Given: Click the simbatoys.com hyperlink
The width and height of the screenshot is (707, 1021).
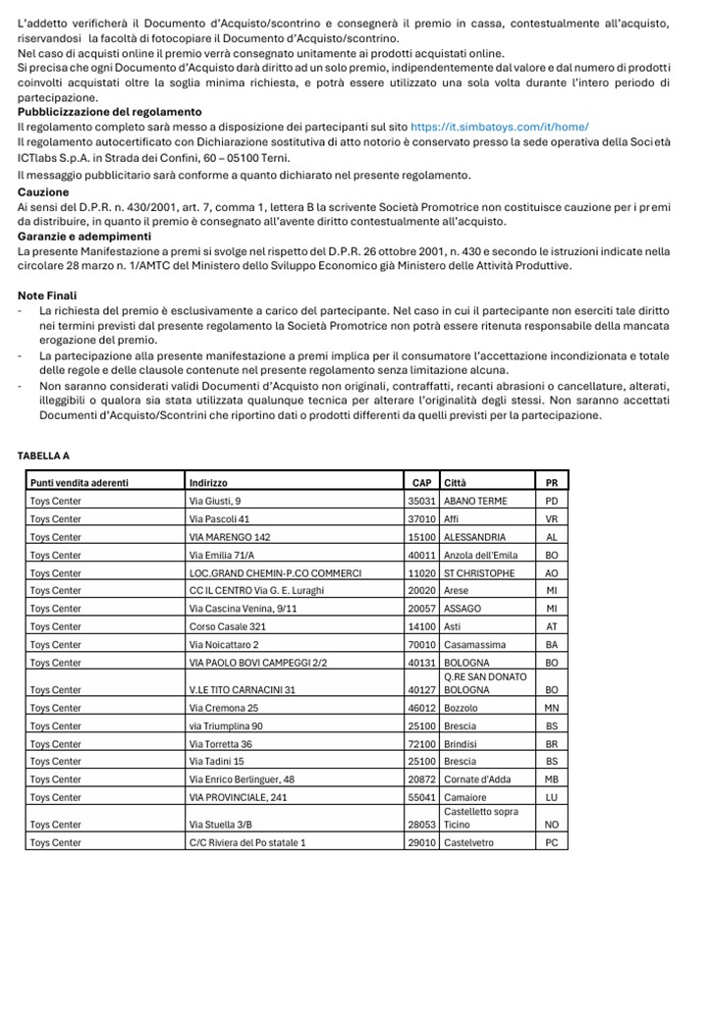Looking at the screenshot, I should (x=499, y=128).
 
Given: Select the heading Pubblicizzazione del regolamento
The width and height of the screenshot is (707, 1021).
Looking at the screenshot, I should (x=109, y=112).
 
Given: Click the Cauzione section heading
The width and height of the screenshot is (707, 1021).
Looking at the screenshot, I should (x=43, y=191).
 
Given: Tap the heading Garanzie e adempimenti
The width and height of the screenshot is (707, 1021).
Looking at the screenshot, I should (x=84, y=237).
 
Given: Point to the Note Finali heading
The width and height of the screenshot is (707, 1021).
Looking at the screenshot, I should (x=47, y=296).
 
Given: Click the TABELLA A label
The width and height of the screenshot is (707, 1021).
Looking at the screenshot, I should (x=43, y=456).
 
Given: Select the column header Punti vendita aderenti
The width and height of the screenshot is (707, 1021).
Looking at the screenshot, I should (x=80, y=483).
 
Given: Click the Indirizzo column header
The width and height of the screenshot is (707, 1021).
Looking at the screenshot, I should (x=208, y=483).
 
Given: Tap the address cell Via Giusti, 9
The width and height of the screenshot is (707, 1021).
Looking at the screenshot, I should (x=215, y=501).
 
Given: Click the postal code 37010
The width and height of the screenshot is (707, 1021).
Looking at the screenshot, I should (x=422, y=518).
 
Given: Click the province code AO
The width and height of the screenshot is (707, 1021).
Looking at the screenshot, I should (x=551, y=573).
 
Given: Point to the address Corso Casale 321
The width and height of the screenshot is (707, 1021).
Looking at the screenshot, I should (x=228, y=626).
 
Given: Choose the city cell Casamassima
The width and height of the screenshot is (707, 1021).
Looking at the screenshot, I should (x=475, y=645).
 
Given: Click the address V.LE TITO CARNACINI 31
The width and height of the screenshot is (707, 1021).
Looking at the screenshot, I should (x=243, y=689).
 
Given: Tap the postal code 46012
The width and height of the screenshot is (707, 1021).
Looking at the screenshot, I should (x=422, y=708).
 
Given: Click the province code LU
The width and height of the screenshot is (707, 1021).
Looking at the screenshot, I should (x=551, y=797).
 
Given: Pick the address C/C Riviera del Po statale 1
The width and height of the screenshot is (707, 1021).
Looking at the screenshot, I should (x=247, y=842).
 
